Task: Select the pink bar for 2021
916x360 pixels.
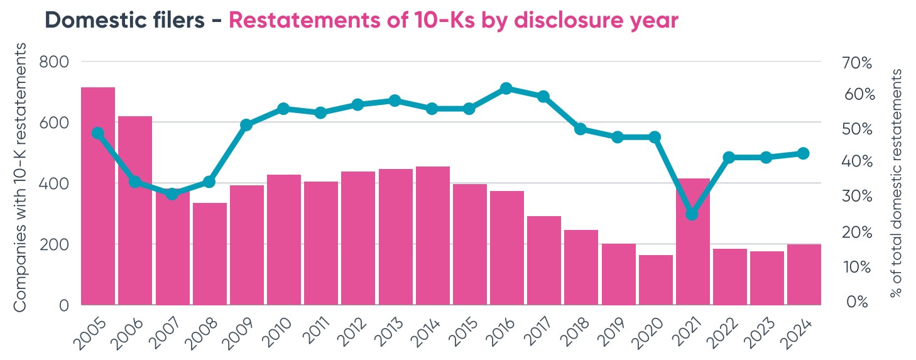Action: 692,242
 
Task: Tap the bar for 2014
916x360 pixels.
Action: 432,236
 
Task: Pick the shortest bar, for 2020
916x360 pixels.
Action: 655,280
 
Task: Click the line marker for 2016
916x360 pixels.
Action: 506,89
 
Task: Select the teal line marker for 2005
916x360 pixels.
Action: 97,133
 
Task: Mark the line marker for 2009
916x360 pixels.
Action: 246,125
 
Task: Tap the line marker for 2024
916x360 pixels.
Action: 804,153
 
